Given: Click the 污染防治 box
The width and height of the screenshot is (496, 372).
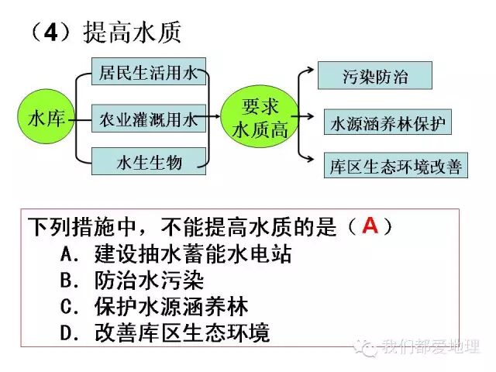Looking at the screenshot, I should pyautogui.click(x=374, y=77).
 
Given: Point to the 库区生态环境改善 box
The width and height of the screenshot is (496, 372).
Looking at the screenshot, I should pyautogui.click(x=395, y=167).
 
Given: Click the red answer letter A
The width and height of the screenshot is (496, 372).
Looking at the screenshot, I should pyautogui.click(x=370, y=226).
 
